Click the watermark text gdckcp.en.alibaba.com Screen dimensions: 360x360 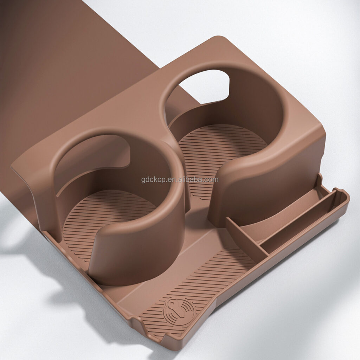pyautogui.click(x=180, y=180)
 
